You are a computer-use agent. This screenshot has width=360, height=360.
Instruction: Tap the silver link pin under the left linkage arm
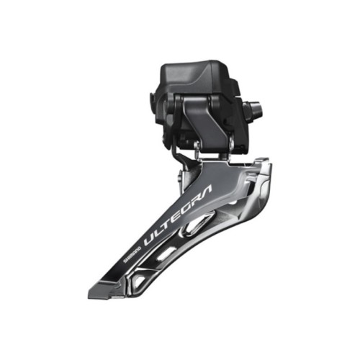click(195, 147)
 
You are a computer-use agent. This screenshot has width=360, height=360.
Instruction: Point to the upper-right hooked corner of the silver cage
click(266, 167)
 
